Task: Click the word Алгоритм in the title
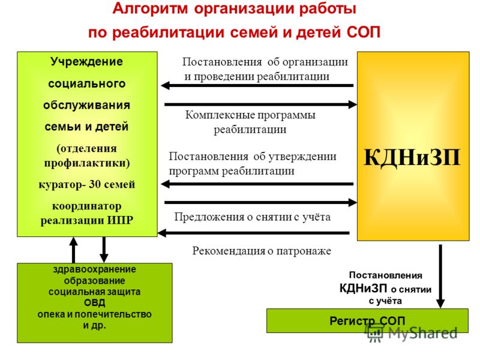point(150,8)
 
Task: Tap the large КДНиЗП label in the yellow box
point(412,157)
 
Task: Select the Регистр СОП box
point(367,320)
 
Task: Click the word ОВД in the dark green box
point(95,303)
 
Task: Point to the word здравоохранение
point(95,269)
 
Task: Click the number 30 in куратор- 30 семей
point(95,184)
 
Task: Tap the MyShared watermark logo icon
point(375,333)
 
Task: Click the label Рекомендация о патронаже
point(262,251)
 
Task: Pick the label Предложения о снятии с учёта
point(253,217)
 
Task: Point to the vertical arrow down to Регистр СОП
point(440,276)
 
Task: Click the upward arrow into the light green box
point(73,250)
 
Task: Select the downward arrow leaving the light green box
point(104,250)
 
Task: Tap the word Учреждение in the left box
point(86,62)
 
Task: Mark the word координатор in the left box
point(86,206)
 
